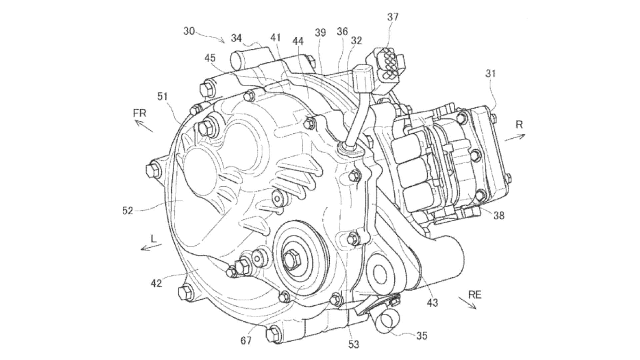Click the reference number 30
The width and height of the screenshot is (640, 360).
189,31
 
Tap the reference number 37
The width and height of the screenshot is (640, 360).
393,17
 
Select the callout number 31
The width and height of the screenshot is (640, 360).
490,73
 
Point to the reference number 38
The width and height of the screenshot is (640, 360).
499,216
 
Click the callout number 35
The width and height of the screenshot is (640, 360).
422,336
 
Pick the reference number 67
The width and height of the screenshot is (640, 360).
246,341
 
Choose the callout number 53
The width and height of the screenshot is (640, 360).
354,344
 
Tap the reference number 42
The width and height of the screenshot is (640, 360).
156,283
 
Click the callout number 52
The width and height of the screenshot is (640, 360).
128,211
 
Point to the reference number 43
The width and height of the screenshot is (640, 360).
432,303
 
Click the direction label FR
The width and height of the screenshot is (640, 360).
140,113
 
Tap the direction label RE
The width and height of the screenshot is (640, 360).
475,295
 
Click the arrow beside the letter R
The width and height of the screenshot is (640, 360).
515,137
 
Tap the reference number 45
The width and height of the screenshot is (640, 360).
210,58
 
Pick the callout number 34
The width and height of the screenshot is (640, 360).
236,38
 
